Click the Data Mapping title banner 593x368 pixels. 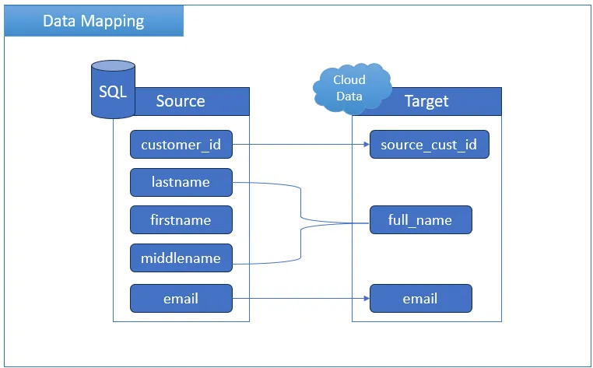(x=94, y=21)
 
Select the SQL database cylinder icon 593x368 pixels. (x=113, y=89)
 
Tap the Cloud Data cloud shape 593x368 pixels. (x=352, y=89)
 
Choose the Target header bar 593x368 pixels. (x=426, y=101)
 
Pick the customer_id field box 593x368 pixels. (x=181, y=145)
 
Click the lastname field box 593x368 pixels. (x=181, y=182)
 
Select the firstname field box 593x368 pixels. (x=181, y=219)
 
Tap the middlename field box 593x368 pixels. (x=181, y=258)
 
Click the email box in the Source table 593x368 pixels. (x=181, y=299)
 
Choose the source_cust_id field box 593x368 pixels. (x=430, y=145)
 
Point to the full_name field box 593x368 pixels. (x=420, y=219)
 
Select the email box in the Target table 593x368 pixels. (x=420, y=299)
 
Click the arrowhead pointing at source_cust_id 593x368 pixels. (x=367, y=145)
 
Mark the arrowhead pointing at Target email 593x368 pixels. (x=367, y=299)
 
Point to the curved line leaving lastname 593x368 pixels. (x=301, y=202)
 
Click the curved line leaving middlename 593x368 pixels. (x=301, y=244)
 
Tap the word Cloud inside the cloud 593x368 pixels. (x=349, y=80)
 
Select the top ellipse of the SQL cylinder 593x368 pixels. (x=113, y=66)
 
